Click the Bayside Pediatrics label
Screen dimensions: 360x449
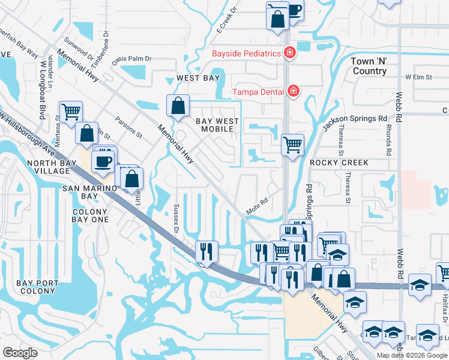246,53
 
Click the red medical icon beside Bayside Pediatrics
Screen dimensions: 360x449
289,53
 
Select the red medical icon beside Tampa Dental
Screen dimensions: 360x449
294,91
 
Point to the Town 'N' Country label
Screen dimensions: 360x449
369,67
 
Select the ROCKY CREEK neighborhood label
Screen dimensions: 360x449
339,163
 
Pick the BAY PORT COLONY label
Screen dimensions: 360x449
37,287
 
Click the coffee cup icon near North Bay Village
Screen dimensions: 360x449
102,161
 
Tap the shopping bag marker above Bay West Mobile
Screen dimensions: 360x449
178,106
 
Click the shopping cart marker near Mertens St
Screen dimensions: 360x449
71,110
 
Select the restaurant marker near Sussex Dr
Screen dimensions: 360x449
206,250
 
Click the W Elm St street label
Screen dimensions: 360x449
418,77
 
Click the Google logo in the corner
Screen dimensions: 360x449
20,353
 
